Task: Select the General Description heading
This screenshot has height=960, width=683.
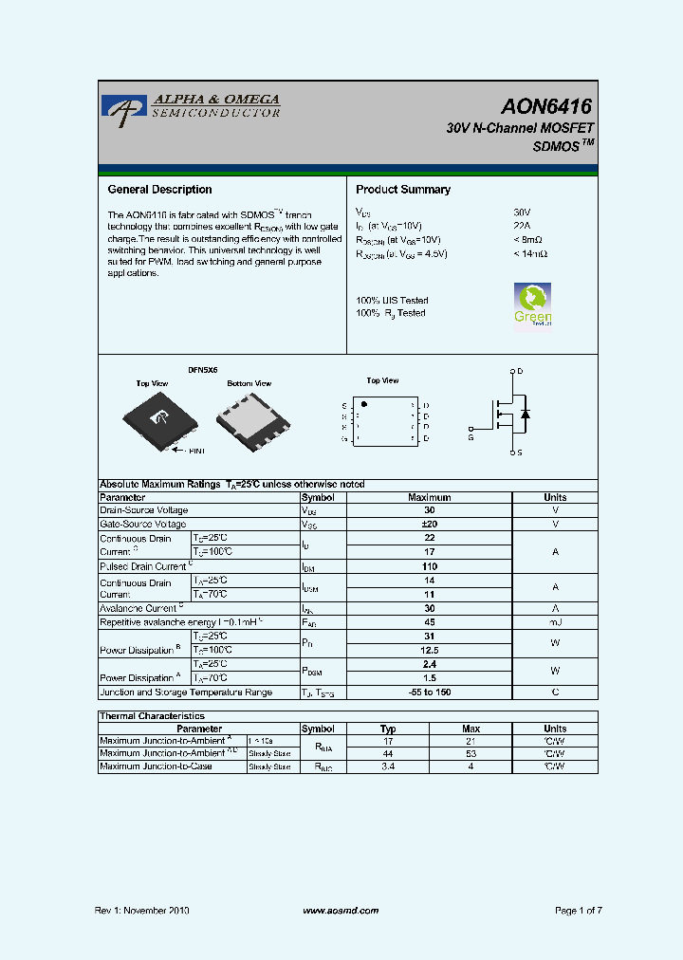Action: point(159,190)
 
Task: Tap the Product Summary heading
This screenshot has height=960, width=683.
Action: point(403,190)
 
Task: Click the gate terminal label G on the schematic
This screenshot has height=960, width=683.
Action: point(471,437)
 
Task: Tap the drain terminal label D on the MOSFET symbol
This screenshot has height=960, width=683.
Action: point(521,371)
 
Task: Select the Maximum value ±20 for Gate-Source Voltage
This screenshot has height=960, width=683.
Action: point(429,524)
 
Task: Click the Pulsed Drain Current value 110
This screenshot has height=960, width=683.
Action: point(429,566)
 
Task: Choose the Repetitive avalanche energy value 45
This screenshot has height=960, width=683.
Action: point(429,622)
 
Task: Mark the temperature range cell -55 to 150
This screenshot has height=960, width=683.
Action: point(429,692)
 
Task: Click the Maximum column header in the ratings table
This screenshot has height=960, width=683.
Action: point(429,497)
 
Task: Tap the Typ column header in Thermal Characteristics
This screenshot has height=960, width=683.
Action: point(388,729)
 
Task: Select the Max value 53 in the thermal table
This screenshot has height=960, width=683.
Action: point(471,753)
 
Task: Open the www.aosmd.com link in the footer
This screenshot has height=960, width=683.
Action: point(341,911)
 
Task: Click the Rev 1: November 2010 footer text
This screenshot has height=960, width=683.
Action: point(142,911)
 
